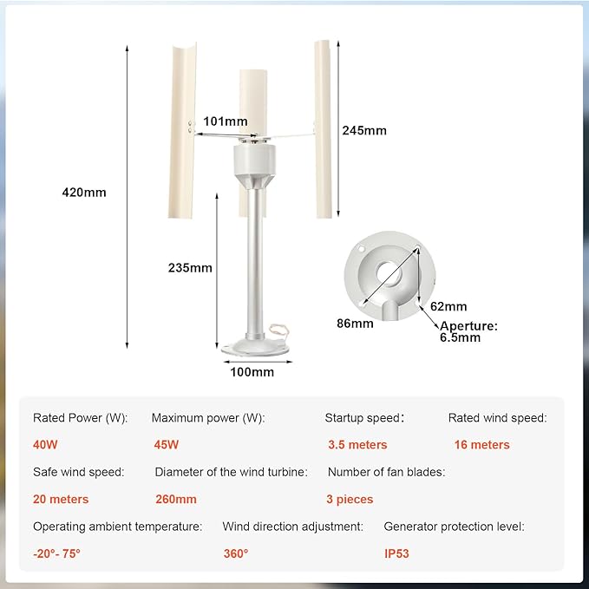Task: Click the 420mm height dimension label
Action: pyautogui.click(x=84, y=193)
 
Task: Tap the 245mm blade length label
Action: pyautogui.click(x=364, y=130)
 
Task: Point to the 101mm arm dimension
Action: pyautogui.click(x=226, y=121)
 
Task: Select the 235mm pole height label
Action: pyautogui.click(x=190, y=268)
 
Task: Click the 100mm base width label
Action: pyautogui.click(x=252, y=372)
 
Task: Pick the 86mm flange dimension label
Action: pyautogui.click(x=355, y=324)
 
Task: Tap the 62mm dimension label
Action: pyautogui.click(x=448, y=306)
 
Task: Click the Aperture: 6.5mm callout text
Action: pyautogui.click(x=468, y=331)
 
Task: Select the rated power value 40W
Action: pyautogui.click(x=45, y=445)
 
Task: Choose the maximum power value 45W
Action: pyautogui.click(x=167, y=445)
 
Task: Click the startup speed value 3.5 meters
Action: pyautogui.click(x=357, y=445)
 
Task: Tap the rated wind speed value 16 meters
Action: pyautogui.click(x=482, y=445)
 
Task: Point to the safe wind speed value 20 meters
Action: pyautogui.click(x=61, y=500)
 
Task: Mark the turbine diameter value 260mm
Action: pyautogui.click(x=176, y=500)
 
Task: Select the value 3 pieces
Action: pyautogui.click(x=350, y=500)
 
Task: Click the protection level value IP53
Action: pyautogui.click(x=396, y=553)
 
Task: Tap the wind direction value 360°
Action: pyautogui.click(x=236, y=553)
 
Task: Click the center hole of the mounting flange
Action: pyautogui.click(x=389, y=274)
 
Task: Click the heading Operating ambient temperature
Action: pyautogui.click(x=118, y=527)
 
